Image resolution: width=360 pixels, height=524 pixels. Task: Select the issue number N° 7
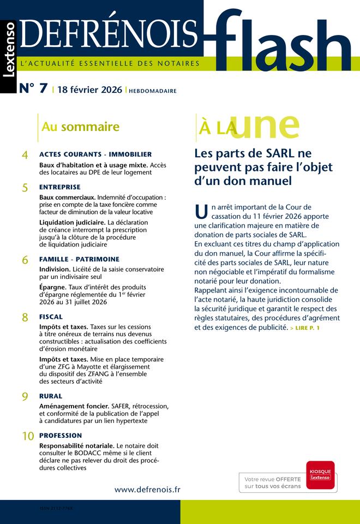(33, 90)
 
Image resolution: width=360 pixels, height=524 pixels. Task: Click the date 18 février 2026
(89, 90)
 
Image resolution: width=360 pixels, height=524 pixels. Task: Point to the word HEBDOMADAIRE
(153, 91)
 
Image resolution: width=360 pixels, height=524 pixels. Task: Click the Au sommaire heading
(80, 127)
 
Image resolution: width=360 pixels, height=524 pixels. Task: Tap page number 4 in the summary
(25, 156)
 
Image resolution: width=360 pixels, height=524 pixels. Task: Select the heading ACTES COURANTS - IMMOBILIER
(95, 154)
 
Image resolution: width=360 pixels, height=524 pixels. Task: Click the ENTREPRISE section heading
(60, 187)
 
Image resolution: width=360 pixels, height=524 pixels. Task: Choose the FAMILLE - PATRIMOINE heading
(79, 259)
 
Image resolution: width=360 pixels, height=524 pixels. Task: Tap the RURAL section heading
(51, 396)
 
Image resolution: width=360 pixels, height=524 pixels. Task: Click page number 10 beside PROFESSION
(28, 437)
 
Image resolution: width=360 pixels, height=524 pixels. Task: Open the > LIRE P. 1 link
(305, 328)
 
